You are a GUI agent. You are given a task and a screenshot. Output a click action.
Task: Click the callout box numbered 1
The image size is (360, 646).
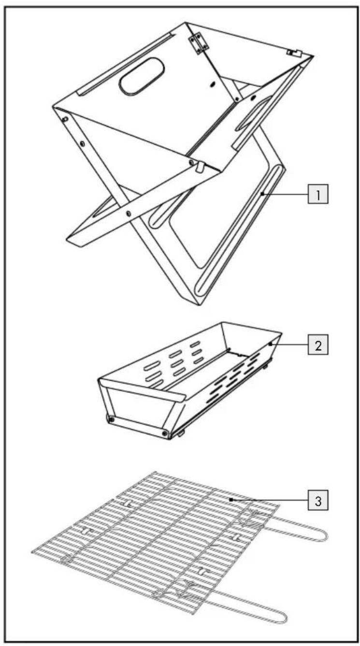click(x=318, y=194)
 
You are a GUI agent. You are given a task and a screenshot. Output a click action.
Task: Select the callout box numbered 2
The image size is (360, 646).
click(x=318, y=344)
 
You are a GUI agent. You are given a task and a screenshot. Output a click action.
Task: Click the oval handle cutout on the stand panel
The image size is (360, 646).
click(x=142, y=76)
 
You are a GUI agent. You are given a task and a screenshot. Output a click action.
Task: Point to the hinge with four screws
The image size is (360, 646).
click(x=198, y=43)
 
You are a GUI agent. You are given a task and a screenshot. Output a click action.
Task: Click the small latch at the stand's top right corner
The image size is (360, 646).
click(x=293, y=53)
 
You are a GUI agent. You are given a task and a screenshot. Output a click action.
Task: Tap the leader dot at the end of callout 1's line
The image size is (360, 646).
click(x=262, y=194)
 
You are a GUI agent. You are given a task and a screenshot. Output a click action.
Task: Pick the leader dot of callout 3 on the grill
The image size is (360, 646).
click(x=231, y=499)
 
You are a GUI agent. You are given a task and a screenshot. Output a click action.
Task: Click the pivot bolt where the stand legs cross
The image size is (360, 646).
click(x=129, y=214)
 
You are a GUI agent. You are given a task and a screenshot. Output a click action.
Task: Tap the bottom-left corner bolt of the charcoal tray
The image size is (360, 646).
click(x=111, y=419)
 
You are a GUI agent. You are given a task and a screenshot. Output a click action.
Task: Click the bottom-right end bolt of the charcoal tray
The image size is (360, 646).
click(x=165, y=433)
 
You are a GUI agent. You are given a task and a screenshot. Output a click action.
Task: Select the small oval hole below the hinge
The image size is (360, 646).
click(x=213, y=84)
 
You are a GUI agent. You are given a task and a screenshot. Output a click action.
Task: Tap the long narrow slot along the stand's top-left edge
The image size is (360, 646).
click(x=126, y=64)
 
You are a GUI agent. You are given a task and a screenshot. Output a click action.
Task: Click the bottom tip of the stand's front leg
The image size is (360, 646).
click(x=200, y=305)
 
